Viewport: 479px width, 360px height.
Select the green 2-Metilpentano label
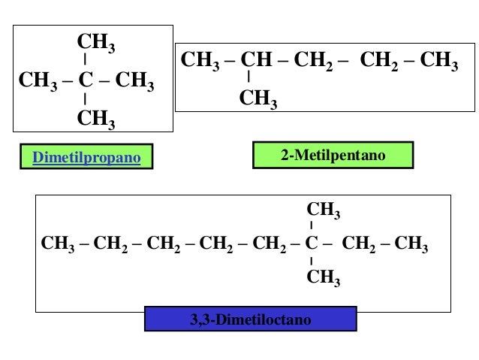click(x=333, y=156)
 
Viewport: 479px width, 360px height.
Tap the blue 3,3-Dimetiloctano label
click(x=250, y=320)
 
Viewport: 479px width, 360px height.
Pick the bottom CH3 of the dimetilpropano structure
click(x=96, y=118)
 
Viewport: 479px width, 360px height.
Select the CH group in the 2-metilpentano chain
click(x=254, y=60)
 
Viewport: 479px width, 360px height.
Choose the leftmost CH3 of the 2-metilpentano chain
click(x=199, y=60)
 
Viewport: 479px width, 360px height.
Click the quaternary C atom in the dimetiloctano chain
click(x=312, y=243)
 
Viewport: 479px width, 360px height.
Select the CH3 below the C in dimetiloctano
click(x=324, y=278)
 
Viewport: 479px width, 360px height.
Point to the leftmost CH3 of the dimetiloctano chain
click(x=58, y=244)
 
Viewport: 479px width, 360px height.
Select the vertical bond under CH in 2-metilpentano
click(x=249, y=77)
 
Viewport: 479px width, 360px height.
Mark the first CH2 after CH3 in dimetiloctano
click(x=111, y=244)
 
